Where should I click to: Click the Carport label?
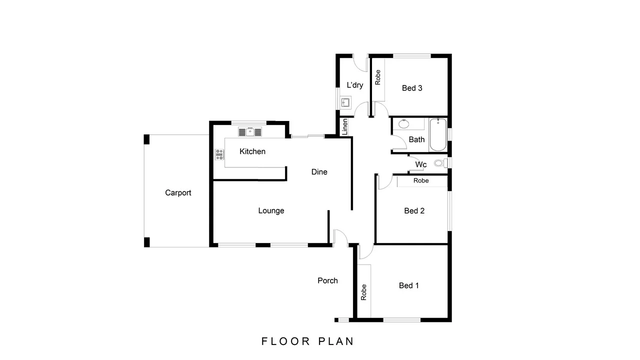click(x=178, y=192)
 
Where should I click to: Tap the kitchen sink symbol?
click(x=249, y=132)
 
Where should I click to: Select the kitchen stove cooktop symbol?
click(x=219, y=154)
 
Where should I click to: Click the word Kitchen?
click(x=252, y=151)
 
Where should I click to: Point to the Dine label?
click(x=319, y=172)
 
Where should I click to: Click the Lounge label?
click(x=271, y=210)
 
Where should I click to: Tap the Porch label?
click(x=327, y=280)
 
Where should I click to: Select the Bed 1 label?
click(x=408, y=285)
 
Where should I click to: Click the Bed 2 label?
click(x=414, y=211)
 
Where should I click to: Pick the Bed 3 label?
click(x=412, y=88)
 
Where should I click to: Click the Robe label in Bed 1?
click(x=364, y=292)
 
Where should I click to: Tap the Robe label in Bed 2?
click(x=421, y=180)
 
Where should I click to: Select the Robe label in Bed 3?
click(x=378, y=77)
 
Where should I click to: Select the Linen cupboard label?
click(x=344, y=127)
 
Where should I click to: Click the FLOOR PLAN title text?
click(x=307, y=341)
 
